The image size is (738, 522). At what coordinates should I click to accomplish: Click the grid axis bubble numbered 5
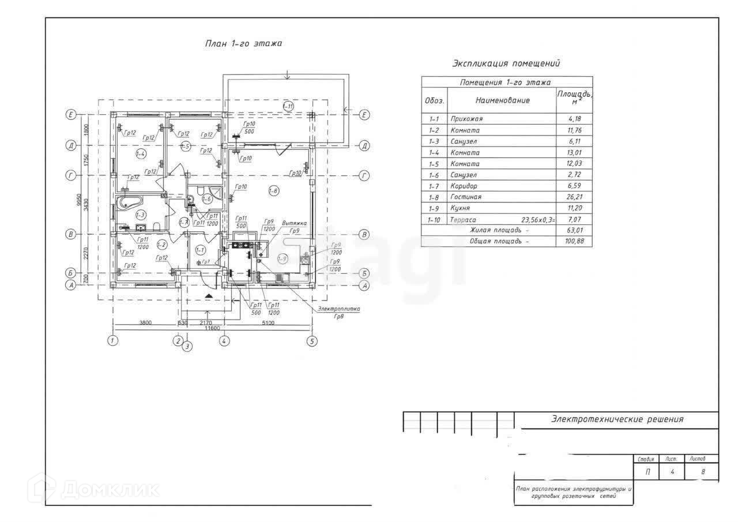point(312,341)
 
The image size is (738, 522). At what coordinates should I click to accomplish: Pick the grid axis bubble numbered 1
point(112,341)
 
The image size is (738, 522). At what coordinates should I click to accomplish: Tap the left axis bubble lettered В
point(71,234)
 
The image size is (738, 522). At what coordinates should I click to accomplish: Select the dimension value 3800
point(145,323)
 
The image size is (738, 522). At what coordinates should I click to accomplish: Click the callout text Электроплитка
point(338,309)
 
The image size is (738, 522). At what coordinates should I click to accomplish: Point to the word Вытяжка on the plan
point(294,223)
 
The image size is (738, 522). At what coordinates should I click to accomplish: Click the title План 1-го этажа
point(244,44)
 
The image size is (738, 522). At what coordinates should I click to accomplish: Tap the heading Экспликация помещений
point(506,63)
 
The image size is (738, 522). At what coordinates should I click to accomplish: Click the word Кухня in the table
point(461,208)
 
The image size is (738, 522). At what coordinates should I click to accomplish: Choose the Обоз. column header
point(434,100)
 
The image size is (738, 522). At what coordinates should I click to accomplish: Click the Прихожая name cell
point(466,119)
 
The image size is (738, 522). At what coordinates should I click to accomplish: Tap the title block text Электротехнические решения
point(617,419)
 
